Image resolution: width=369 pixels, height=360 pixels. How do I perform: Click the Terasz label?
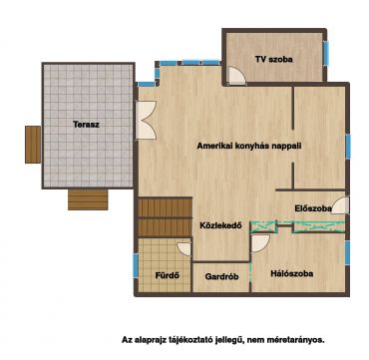(x=86, y=125)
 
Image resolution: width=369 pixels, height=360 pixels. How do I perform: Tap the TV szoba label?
(x=274, y=60)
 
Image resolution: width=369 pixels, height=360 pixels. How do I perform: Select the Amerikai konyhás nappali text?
(x=249, y=146)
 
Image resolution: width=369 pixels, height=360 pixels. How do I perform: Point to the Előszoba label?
(x=313, y=208)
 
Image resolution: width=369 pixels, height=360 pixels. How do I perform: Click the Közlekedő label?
(x=220, y=225)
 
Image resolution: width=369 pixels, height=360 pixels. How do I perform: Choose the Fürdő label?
(x=168, y=275)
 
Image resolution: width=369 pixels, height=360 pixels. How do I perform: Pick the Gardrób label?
(x=221, y=276)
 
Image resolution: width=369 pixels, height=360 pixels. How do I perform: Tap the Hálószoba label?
(x=292, y=274)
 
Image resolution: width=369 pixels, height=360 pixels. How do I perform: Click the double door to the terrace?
(x=146, y=120)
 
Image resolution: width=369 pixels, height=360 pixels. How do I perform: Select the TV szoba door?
(x=236, y=75)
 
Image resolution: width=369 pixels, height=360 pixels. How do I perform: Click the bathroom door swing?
(x=184, y=249)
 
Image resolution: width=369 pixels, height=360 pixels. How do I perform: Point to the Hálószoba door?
(x=260, y=243)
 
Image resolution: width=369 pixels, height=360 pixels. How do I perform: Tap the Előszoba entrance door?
(x=341, y=205)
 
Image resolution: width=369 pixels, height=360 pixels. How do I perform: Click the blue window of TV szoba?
(x=326, y=53)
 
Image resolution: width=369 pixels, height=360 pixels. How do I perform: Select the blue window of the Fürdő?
(x=136, y=265)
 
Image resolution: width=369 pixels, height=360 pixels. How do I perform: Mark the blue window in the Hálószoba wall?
(x=347, y=252)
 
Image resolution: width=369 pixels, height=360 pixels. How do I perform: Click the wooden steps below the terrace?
(x=88, y=199)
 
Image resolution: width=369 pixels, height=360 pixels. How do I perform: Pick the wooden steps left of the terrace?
(x=33, y=145)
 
